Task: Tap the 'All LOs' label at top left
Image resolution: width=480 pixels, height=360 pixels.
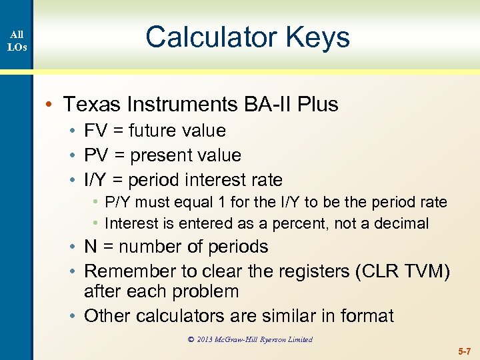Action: click(17, 41)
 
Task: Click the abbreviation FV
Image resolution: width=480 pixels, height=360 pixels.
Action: click(96, 131)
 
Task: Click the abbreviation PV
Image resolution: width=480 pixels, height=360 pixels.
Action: click(96, 155)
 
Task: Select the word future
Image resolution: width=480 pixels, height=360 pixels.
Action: click(155, 131)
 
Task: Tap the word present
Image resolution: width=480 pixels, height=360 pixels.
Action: click(159, 155)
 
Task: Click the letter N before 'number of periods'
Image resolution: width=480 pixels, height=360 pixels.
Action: click(91, 247)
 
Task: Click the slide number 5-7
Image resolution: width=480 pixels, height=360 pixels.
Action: click(464, 351)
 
